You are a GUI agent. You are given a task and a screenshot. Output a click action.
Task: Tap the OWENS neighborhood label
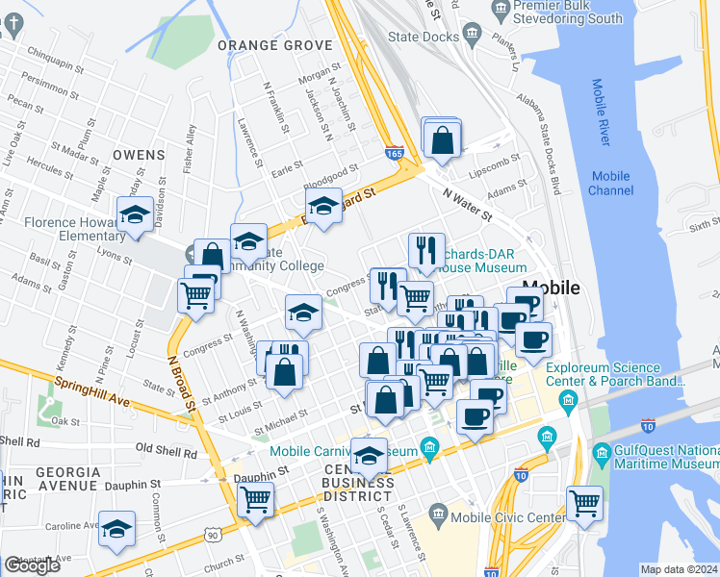(139, 154)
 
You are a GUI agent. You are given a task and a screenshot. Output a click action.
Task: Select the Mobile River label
(599, 113)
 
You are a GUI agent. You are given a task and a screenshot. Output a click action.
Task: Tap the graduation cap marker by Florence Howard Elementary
(135, 214)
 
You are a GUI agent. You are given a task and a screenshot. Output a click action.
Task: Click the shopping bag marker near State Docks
(441, 139)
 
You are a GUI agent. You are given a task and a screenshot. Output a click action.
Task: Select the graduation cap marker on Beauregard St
(324, 206)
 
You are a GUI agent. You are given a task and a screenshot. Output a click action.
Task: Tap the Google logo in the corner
(32, 565)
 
